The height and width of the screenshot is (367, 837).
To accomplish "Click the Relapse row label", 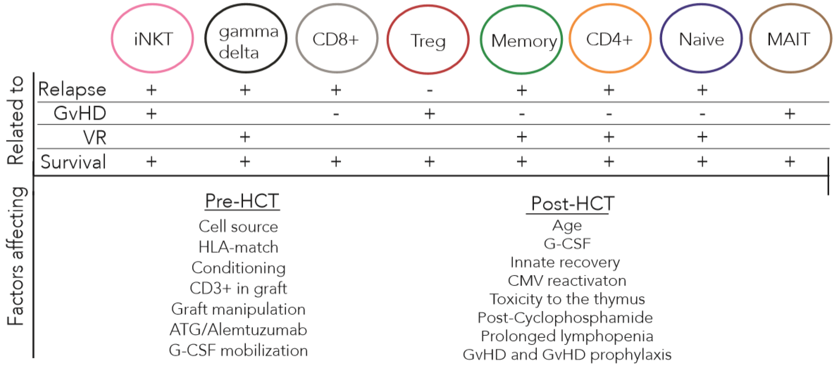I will tap(72, 89).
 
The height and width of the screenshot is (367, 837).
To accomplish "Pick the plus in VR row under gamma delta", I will tap(245, 137).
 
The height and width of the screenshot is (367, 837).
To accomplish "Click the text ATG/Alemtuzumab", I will tap(238, 330).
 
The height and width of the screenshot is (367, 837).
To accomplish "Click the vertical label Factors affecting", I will tap(15, 256).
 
